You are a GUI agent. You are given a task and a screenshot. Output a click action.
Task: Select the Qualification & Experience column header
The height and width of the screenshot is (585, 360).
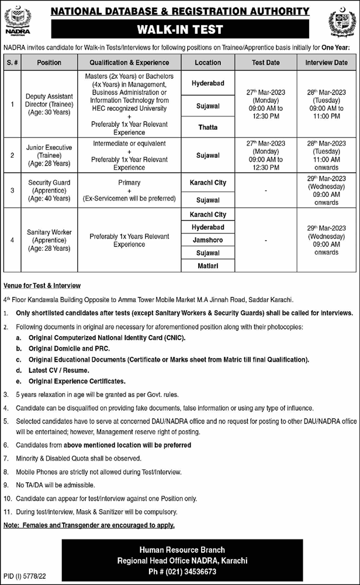(129, 63)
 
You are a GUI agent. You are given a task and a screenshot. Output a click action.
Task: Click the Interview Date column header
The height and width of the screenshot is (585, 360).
(326, 63)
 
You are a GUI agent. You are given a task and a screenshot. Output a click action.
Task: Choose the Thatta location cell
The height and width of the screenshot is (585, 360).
(208, 127)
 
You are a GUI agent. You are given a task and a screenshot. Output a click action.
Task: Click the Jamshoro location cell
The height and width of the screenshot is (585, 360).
(208, 240)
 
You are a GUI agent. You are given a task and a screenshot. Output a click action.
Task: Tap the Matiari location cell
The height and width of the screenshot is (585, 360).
(208, 266)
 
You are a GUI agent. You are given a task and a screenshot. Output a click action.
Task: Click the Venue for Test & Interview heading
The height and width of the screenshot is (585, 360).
(41, 286)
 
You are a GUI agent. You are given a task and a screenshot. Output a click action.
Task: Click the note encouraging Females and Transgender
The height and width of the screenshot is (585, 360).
(89, 525)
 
